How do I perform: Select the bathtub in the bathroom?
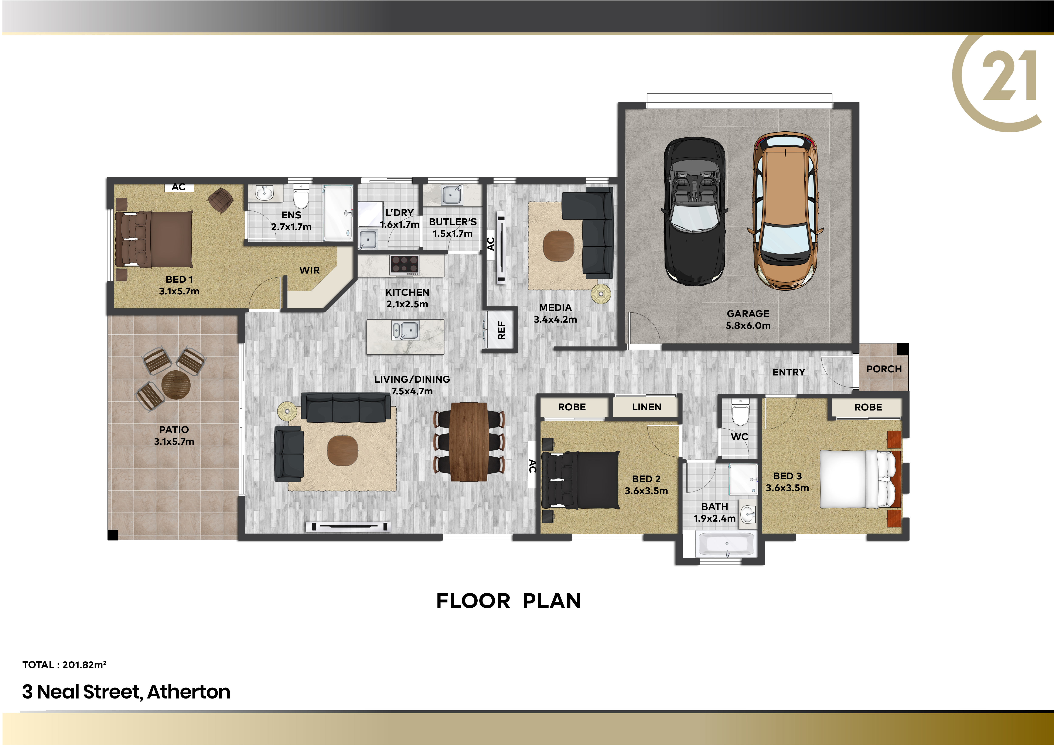pyautogui.click(x=726, y=545)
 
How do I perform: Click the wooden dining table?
pyautogui.click(x=469, y=442)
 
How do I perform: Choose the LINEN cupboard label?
pyautogui.click(x=646, y=407)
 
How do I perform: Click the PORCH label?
pyautogui.click(x=884, y=369)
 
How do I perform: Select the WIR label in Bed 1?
pyautogui.click(x=309, y=270)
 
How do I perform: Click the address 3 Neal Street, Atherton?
pyautogui.click(x=126, y=692)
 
